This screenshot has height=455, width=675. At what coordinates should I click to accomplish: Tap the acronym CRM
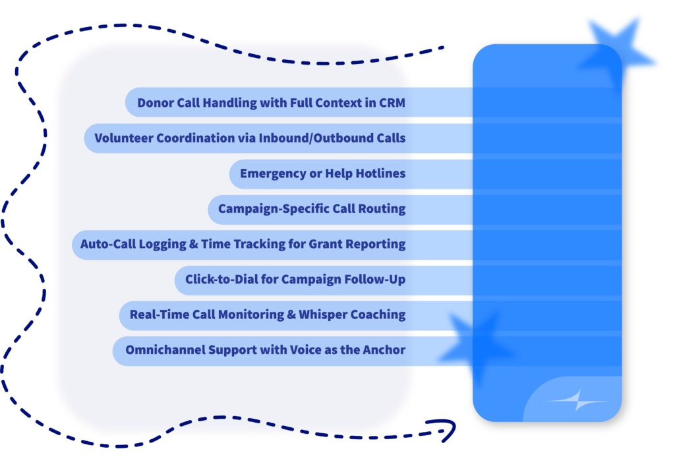coord(392,103)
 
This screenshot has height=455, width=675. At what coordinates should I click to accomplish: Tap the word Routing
coord(382,209)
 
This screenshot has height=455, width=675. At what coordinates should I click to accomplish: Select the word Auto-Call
coord(108,244)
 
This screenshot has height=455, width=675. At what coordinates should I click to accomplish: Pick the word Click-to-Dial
coord(221,280)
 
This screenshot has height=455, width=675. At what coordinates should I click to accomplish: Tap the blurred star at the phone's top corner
coord(616,54)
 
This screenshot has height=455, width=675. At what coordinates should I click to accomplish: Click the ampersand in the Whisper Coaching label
coord(291,315)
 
